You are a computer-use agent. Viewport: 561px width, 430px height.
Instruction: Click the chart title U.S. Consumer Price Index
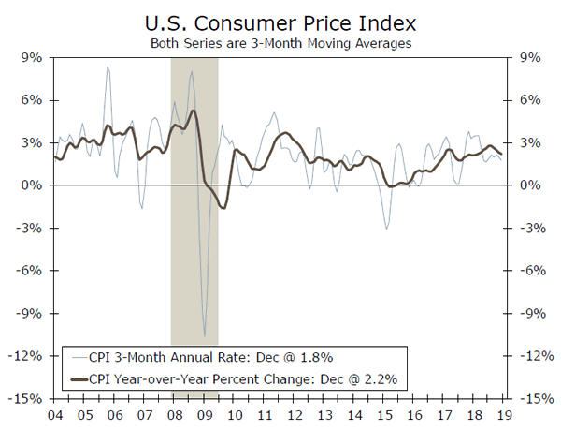click(280, 22)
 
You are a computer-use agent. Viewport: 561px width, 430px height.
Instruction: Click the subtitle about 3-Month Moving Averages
click(280, 42)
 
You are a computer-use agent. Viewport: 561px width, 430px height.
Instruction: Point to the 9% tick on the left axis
click(34, 57)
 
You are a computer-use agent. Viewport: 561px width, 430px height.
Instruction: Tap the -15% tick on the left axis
click(30, 399)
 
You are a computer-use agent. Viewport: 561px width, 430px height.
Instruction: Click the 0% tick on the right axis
click(528, 185)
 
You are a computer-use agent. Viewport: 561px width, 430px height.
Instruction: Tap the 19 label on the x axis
click(506, 415)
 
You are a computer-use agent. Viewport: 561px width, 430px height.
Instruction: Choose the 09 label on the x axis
click(204, 415)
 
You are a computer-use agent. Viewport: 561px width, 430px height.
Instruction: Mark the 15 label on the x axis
click(385, 415)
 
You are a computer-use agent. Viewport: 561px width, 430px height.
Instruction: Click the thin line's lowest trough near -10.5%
click(204, 335)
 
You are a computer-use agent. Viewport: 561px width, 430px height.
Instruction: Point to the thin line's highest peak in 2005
click(108, 67)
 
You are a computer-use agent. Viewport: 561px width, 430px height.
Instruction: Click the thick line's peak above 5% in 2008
click(193, 111)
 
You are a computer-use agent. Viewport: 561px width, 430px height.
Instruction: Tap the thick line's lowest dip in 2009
click(223, 207)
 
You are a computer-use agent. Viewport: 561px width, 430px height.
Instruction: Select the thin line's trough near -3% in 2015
click(386, 228)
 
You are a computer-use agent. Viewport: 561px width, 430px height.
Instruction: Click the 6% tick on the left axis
click(34, 100)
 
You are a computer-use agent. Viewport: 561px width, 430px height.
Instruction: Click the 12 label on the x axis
click(295, 415)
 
